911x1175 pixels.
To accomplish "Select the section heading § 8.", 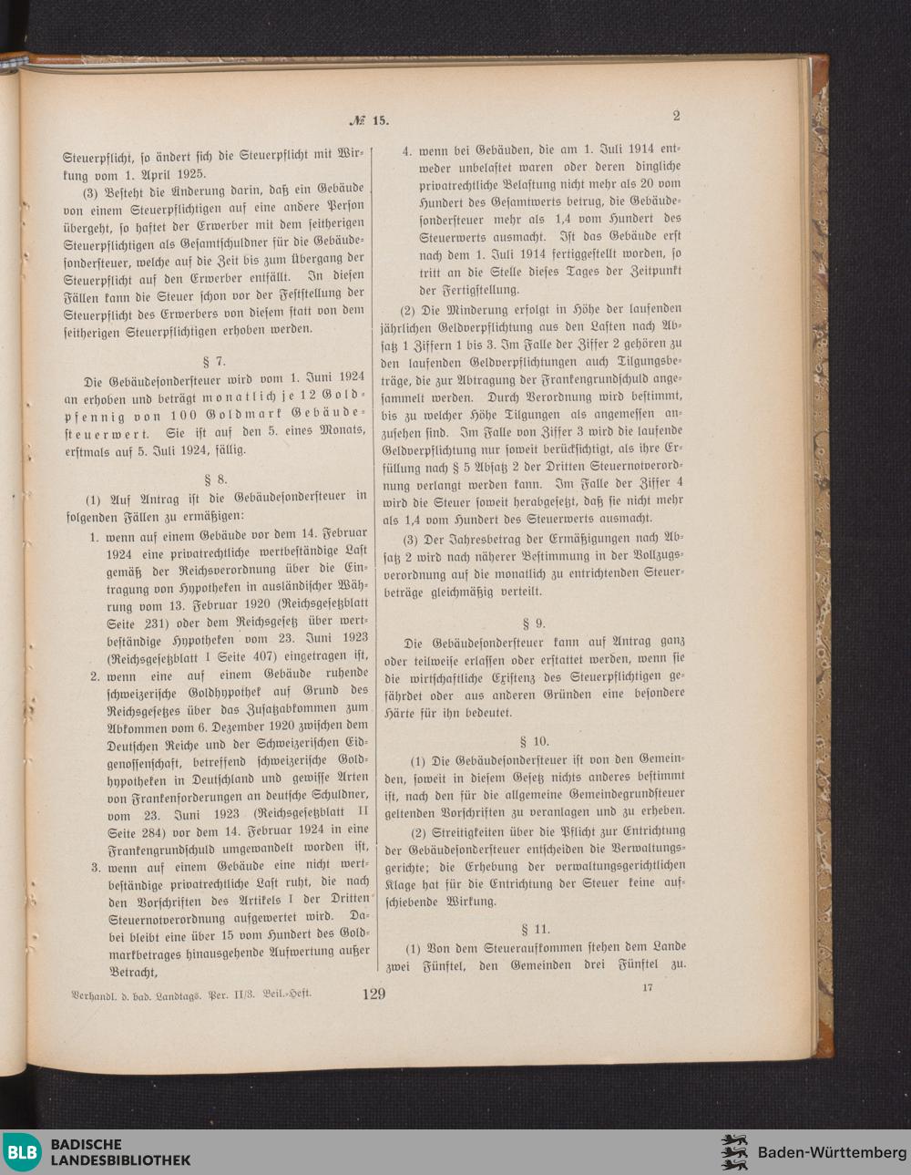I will click(217, 477).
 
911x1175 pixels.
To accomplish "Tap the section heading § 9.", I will click(533, 624).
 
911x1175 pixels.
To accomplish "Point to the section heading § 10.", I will click(534, 741).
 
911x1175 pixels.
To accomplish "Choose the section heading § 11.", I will click(534, 929).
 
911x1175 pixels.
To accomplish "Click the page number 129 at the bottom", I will click(374, 994).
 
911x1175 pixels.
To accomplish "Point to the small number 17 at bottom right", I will click(648, 987).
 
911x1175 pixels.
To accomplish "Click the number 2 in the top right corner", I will click(676, 116).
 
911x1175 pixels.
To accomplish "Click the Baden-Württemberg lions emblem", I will click(734, 1152).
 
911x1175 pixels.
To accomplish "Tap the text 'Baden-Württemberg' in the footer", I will click(832, 1153).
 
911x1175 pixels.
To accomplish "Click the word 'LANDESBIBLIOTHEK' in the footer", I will click(120, 1160).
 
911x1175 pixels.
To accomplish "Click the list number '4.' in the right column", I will click(409, 150).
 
